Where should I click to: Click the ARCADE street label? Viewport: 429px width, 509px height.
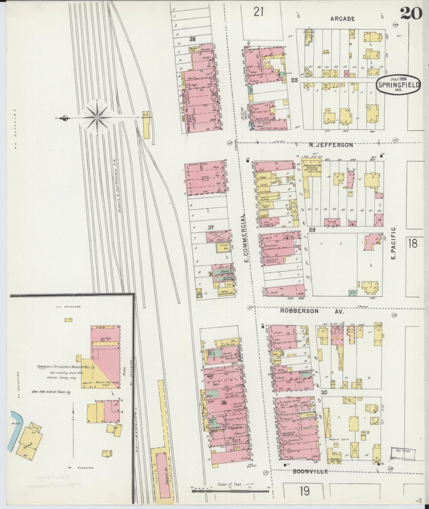343,19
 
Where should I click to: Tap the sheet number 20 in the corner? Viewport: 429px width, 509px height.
411,13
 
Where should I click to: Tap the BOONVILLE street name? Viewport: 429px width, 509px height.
310,471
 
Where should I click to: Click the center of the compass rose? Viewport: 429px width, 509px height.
97,118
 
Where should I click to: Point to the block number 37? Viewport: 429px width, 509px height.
211,227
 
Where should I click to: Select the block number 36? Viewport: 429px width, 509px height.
224,403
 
